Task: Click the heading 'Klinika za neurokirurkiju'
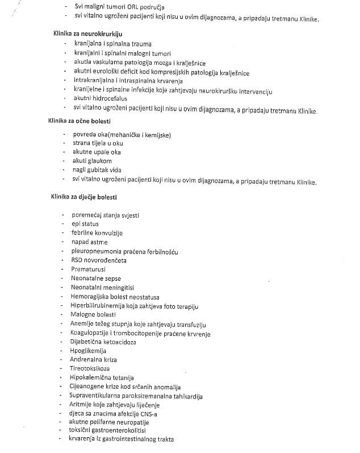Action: point(85,34)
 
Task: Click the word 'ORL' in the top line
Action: point(134,6)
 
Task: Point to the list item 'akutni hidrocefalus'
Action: point(100,98)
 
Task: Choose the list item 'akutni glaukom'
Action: point(92,161)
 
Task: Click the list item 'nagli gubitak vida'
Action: point(97,170)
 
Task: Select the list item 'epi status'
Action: point(85,224)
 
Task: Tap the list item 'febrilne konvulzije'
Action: point(97,233)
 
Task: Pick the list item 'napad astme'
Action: point(89,242)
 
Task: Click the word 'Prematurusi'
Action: point(88,269)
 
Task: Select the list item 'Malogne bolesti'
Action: point(93,314)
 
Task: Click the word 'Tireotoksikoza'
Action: point(90,368)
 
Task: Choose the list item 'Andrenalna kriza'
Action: point(93,359)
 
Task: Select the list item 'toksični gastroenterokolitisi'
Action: point(112,431)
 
